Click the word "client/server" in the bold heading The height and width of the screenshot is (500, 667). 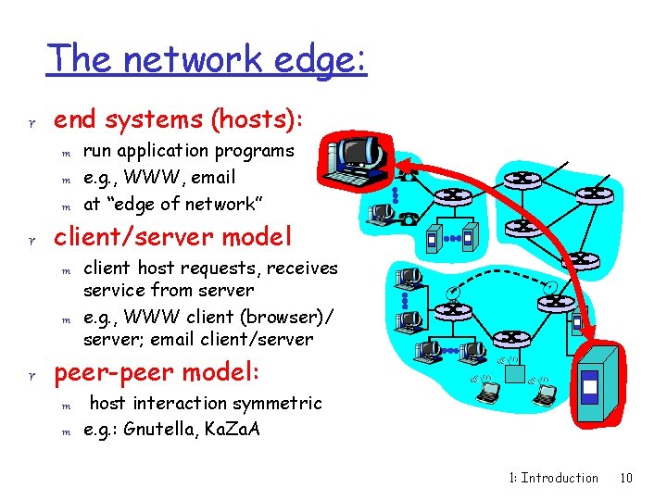click(126, 236)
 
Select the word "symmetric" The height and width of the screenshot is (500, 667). click(278, 403)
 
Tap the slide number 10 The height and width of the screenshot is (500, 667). click(626, 478)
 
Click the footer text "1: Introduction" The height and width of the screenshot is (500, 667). click(554, 478)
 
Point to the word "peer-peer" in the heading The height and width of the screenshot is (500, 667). click(110, 373)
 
